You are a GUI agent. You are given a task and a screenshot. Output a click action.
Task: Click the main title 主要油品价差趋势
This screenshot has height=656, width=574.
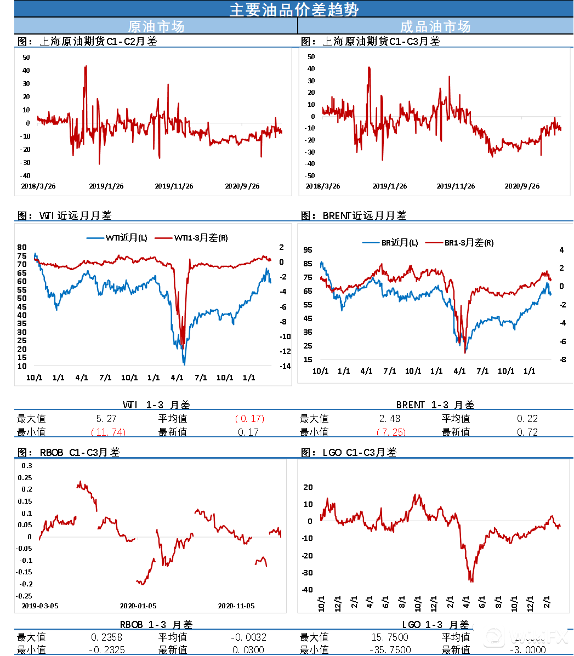click(x=294, y=9)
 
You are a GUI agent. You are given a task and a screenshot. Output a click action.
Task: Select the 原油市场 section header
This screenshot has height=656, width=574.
click(x=156, y=26)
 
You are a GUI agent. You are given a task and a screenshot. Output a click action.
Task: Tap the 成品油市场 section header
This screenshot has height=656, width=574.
click(x=435, y=26)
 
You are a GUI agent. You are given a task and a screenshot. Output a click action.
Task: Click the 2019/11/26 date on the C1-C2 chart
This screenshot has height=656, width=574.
click(x=174, y=186)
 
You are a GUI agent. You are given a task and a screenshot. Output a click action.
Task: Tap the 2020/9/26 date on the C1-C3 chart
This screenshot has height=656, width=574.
click(x=522, y=186)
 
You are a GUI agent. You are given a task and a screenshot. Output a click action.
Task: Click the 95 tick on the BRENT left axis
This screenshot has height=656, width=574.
click(x=308, y=250)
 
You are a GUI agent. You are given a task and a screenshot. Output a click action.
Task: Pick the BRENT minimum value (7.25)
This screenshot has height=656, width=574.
click(x=391, y=432)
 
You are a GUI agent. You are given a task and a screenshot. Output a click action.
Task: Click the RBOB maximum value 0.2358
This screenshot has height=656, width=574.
click(x=106, y=637)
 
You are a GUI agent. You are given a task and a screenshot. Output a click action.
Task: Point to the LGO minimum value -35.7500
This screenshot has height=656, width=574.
click(x=391, y=650)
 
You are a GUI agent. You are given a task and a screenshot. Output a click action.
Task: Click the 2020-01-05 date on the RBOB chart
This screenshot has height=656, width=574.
click(x=138, y=606)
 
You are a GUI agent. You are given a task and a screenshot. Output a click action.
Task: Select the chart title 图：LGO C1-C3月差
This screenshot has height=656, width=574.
click(x=349, y=452)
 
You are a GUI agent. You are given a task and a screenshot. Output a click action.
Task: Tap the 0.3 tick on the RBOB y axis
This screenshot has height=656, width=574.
click(x=27, y=466)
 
